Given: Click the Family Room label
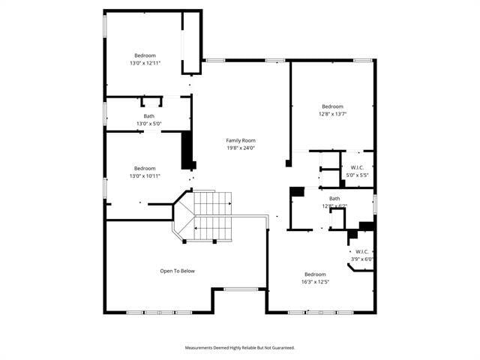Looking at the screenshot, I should pos(241,140).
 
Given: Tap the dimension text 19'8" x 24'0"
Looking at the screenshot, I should pos(241,148).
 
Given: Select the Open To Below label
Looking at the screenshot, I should pos(178,271).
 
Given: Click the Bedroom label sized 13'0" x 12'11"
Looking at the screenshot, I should pos(145,55).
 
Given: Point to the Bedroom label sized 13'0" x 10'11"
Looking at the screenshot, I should pos(145,168).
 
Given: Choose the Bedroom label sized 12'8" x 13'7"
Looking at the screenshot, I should pos(332,106).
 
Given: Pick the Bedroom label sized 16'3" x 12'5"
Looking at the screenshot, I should pos(315,274).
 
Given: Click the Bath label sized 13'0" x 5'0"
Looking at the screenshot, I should pos(149,115).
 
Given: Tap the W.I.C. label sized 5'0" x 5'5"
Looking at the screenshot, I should pos(356,167).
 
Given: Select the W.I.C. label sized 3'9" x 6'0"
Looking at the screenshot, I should pos(361,251).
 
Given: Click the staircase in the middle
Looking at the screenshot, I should pos(214,216).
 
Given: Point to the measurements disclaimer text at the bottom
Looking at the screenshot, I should pos(240,347).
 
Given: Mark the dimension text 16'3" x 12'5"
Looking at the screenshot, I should pos(315,282).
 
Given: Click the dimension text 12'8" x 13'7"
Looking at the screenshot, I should pos(332,114).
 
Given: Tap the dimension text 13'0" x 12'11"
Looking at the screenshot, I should pos(145,63).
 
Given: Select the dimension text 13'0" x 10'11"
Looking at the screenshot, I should pos(145,175).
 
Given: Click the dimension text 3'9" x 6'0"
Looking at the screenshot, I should pos(361,259).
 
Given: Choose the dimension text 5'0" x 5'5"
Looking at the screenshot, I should pos(356,175).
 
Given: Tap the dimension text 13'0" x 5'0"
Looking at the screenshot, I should pos(149,123).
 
